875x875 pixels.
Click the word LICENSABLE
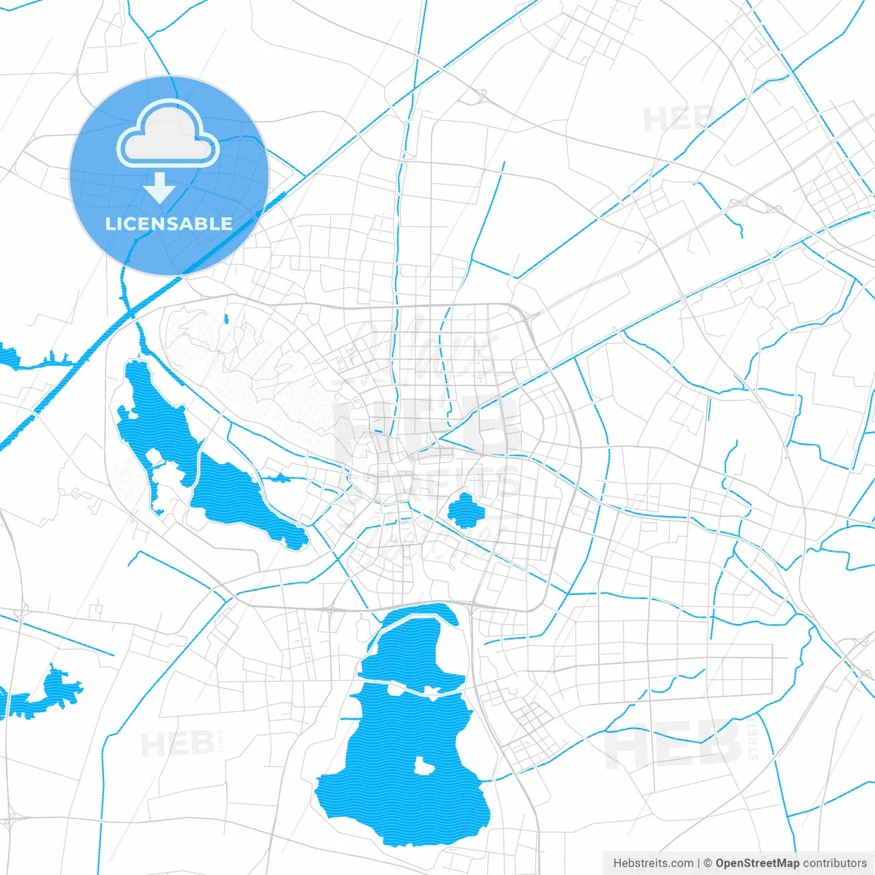169,224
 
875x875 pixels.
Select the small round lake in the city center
466,511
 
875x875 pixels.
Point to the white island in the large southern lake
425,766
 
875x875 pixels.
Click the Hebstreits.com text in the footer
653,863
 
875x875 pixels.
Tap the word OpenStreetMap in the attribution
757,863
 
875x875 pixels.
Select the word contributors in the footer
835,863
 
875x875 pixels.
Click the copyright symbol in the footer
708,863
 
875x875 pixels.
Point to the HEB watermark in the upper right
677,120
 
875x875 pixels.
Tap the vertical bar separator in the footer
699,863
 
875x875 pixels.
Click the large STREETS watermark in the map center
431,482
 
